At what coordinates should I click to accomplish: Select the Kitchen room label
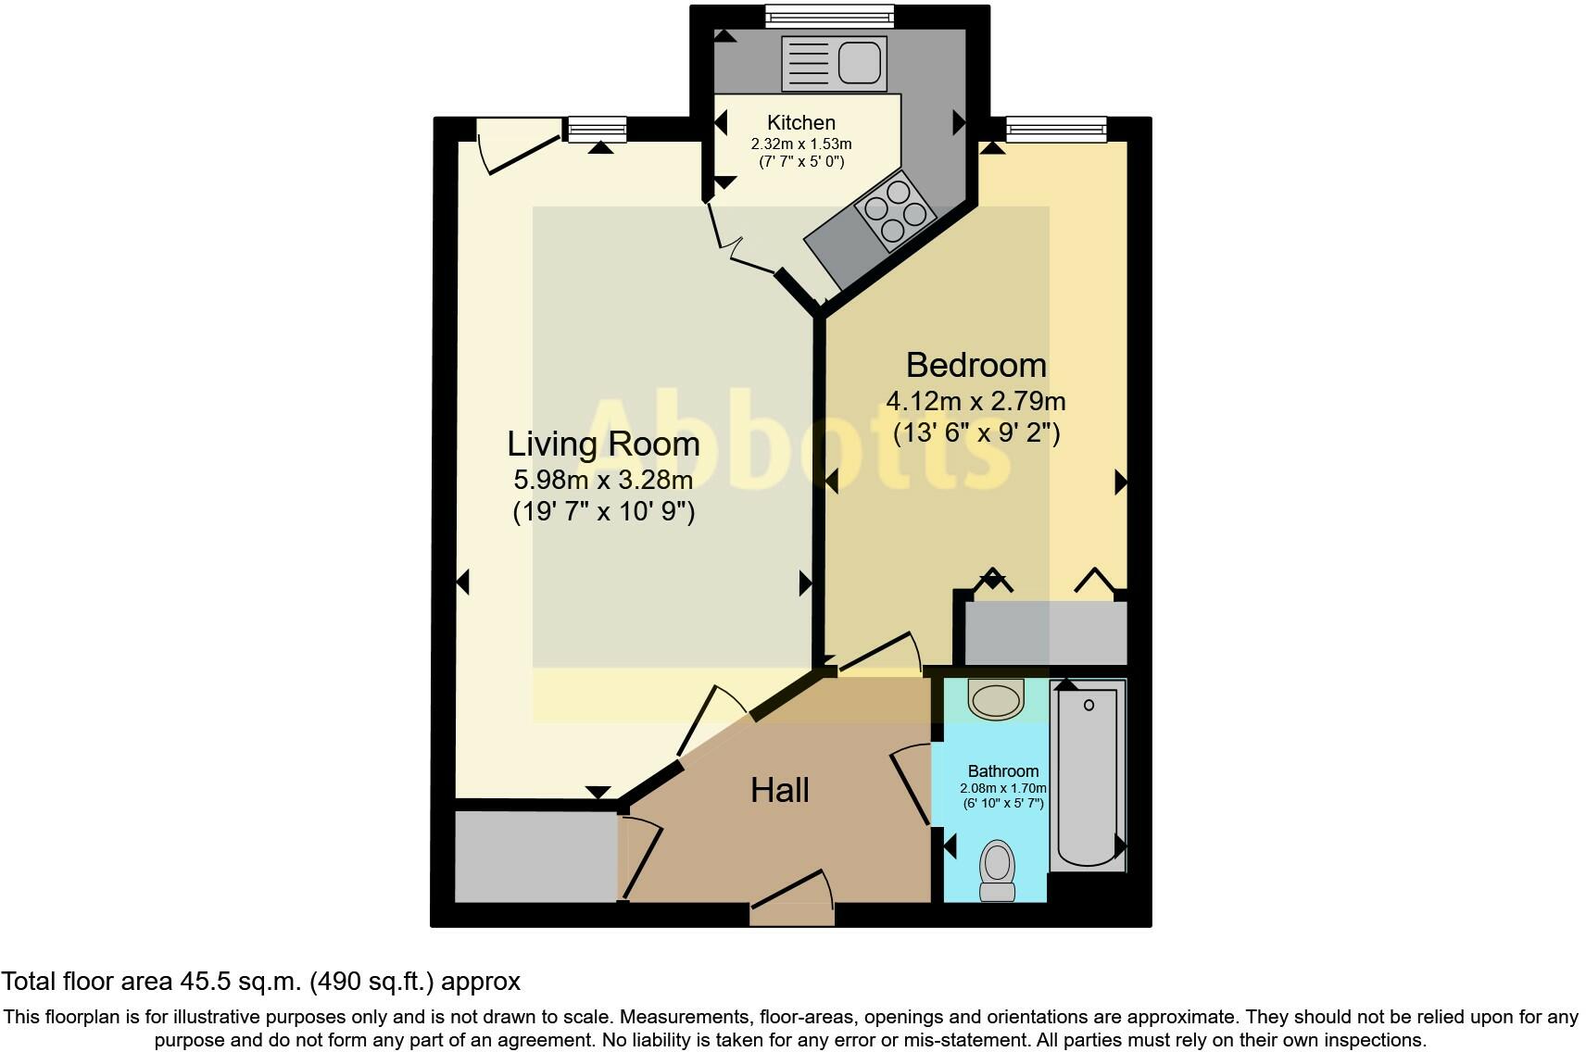tap(801, 122)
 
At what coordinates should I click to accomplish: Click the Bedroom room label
tap(976, 365)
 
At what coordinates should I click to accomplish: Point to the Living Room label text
tap(603, 444)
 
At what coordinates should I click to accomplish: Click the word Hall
tap(779, 790)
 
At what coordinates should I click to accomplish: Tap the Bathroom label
tap(1002, 770)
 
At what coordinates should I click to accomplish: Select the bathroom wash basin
tap(996, 698)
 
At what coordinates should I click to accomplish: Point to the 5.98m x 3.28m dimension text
tap(603, 480)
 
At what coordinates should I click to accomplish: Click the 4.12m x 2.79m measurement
tap(976, 401)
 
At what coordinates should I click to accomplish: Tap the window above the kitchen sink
tap(829, 15)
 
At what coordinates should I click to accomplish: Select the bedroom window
tap(1056, 128)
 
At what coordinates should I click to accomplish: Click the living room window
tap(597, 129)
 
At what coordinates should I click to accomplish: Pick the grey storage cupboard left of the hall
tap(535, 857)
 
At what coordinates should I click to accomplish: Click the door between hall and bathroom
tap(913, 787)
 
